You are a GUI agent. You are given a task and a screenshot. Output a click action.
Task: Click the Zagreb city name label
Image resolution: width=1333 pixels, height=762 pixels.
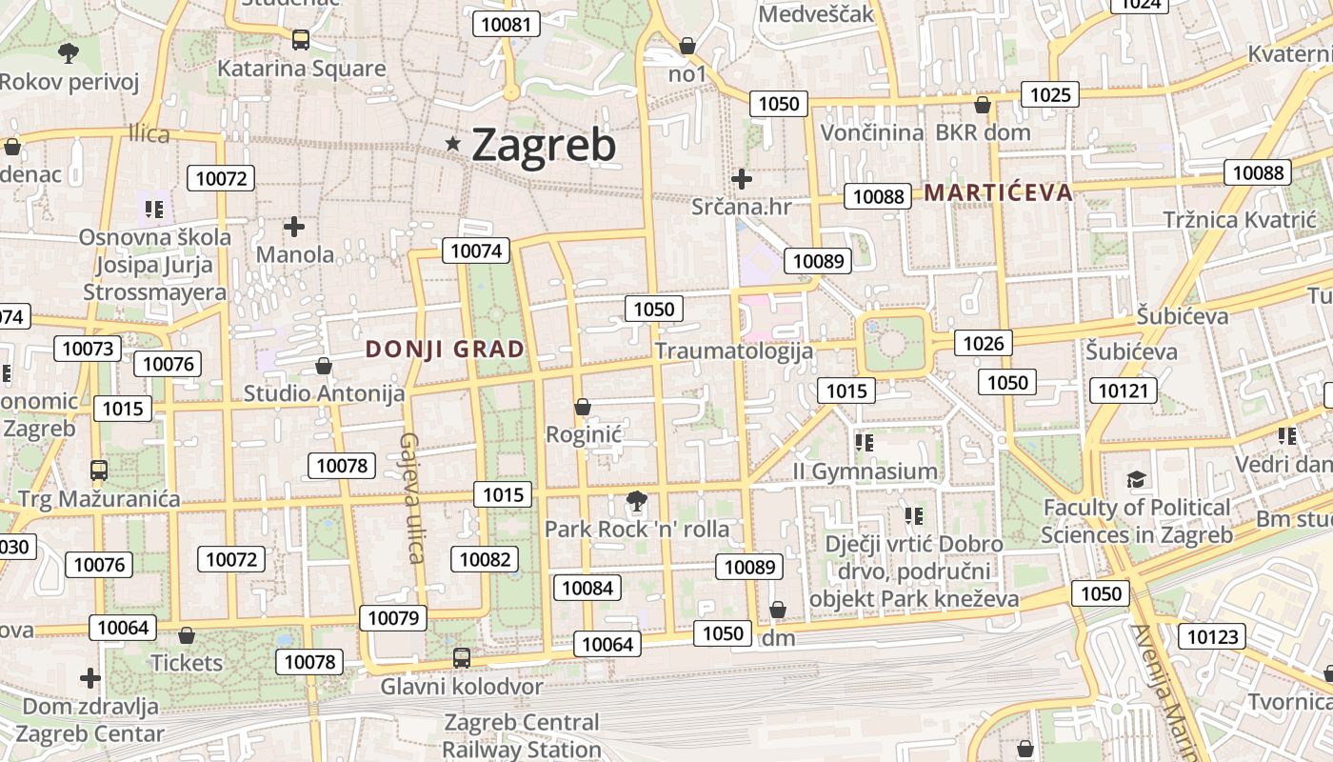click(544, 145)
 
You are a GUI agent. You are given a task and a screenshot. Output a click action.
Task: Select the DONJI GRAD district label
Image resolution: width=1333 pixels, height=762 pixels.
click(445, 350)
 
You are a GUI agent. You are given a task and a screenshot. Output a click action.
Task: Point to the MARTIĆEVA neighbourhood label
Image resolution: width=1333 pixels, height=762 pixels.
click(998, 192)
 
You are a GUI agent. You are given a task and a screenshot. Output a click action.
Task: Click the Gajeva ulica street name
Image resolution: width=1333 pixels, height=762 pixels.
click(411, 498)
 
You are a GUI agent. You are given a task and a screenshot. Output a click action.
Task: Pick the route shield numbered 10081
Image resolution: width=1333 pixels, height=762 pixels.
click(507, 24)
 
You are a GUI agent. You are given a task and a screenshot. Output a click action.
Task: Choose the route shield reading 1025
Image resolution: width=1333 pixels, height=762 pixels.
click(1050, 94)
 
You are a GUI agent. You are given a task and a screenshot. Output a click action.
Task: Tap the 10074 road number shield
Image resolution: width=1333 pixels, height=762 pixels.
click(475, 251)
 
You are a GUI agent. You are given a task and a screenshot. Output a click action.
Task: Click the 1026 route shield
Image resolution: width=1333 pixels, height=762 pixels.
click(984, 343)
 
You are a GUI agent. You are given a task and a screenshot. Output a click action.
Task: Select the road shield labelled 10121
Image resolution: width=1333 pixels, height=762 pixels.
click(1126, 391)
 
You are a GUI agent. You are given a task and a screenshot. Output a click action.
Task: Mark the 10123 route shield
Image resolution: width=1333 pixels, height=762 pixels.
click(1212, 635)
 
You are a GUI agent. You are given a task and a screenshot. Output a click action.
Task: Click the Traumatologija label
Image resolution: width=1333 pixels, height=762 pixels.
click(734, 351)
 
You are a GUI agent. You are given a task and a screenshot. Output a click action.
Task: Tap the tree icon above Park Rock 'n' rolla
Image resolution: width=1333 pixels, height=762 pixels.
click(636, 500)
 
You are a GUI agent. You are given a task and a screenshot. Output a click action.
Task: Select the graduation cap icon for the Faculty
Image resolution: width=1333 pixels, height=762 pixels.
click(1136, 478)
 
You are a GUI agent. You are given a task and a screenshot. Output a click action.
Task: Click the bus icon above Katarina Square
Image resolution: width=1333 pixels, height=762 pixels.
click(301, 40)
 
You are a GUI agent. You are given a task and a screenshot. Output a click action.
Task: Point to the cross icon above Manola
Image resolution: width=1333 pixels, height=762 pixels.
click(294, 227)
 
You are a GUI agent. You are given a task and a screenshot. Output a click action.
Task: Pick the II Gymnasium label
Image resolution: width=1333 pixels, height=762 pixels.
click(865, 471)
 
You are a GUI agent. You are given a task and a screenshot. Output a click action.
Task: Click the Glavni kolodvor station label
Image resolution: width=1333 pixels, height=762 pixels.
click(462, 686)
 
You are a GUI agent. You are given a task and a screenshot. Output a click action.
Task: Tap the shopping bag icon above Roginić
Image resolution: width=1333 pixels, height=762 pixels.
click(583, 408)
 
